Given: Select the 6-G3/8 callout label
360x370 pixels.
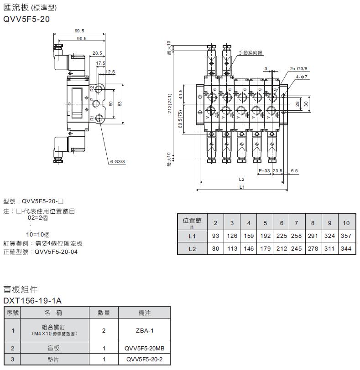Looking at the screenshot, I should coord(117,161).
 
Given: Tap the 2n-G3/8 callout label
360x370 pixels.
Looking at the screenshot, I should coord(299,68).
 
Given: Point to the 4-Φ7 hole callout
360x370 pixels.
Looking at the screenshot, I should coord(303,77).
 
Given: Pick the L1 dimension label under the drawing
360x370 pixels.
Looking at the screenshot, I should coord(242,187).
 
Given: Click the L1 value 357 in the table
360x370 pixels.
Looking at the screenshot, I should coord(346,236).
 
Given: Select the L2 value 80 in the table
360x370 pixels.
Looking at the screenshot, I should coord(215,249).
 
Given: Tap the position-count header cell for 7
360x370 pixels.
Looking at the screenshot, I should coord(297,223).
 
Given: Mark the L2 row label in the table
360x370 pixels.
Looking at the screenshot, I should coord(192,249).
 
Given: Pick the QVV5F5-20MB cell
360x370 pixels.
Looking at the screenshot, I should coord(144,349).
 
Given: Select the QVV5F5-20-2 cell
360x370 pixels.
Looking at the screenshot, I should coord(144,359).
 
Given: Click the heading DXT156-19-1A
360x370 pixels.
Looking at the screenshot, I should coord(32,301).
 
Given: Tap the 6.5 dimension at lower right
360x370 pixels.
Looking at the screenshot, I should coord(294,171).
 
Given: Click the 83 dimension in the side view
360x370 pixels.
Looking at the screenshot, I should coord(120,104).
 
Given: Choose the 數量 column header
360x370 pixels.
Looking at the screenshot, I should coord(104,313).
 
